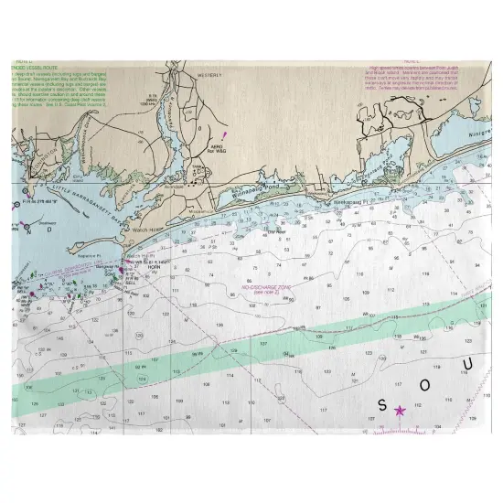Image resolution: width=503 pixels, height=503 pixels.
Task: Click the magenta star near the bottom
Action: coord(399,411)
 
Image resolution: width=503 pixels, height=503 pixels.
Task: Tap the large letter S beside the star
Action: coord(382,404)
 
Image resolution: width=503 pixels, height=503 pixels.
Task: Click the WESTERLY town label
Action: coord(207,77)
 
